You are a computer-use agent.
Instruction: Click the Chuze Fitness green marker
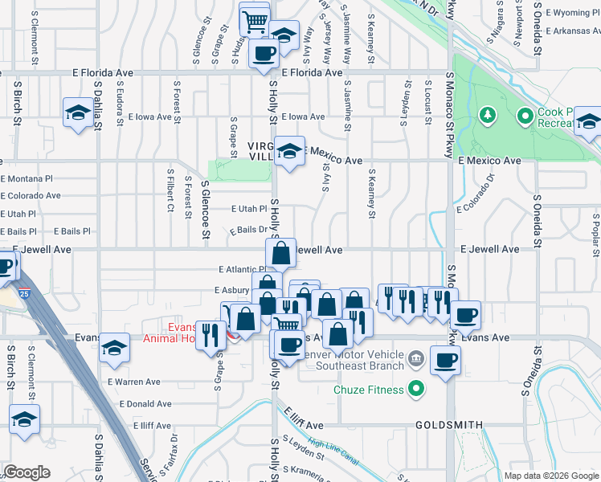[x=415, y=390]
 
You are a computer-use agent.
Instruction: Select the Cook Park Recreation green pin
[x=525, y=117]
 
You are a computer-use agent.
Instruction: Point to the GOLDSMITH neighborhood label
[x=449, y=424]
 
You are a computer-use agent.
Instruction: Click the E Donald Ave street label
[x=145, y=404]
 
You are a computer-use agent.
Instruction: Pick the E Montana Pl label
[x=27, y=178]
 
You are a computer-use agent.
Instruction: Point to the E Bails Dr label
[x=247, y=231]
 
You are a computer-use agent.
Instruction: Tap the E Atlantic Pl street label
[x=240, y=270]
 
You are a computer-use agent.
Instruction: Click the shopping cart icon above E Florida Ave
[x=255, y=18]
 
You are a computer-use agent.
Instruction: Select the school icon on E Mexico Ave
[x=288, y=150]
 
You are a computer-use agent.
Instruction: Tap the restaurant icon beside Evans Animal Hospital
[x=211, y=334]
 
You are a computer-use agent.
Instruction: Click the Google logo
[x=27, y=472]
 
